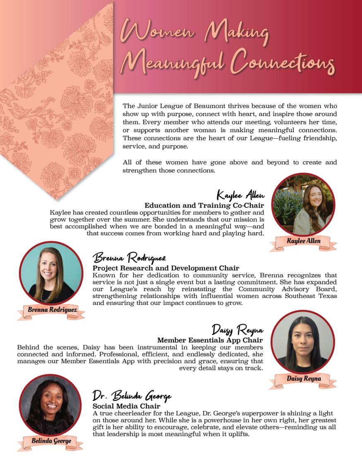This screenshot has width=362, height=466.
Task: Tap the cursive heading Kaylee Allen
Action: (240, 194)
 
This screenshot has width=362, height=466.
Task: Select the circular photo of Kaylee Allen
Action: (303, 205)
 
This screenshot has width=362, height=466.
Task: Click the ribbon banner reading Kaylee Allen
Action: (303, 241)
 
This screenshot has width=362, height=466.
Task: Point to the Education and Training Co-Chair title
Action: (204, 205)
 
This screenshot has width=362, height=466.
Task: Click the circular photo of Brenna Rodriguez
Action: (51, 273)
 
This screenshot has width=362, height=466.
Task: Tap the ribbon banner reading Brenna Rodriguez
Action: (51, 309)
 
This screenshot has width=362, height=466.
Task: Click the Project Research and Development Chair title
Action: (166, 268)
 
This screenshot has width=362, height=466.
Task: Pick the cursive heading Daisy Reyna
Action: (237, 330)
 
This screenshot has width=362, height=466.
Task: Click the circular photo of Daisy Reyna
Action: (303, 342)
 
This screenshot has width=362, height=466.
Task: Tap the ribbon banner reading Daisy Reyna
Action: (303, 379)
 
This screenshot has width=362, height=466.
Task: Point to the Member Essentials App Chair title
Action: (210, 340)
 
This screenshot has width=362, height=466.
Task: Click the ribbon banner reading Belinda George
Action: (51, 441)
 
